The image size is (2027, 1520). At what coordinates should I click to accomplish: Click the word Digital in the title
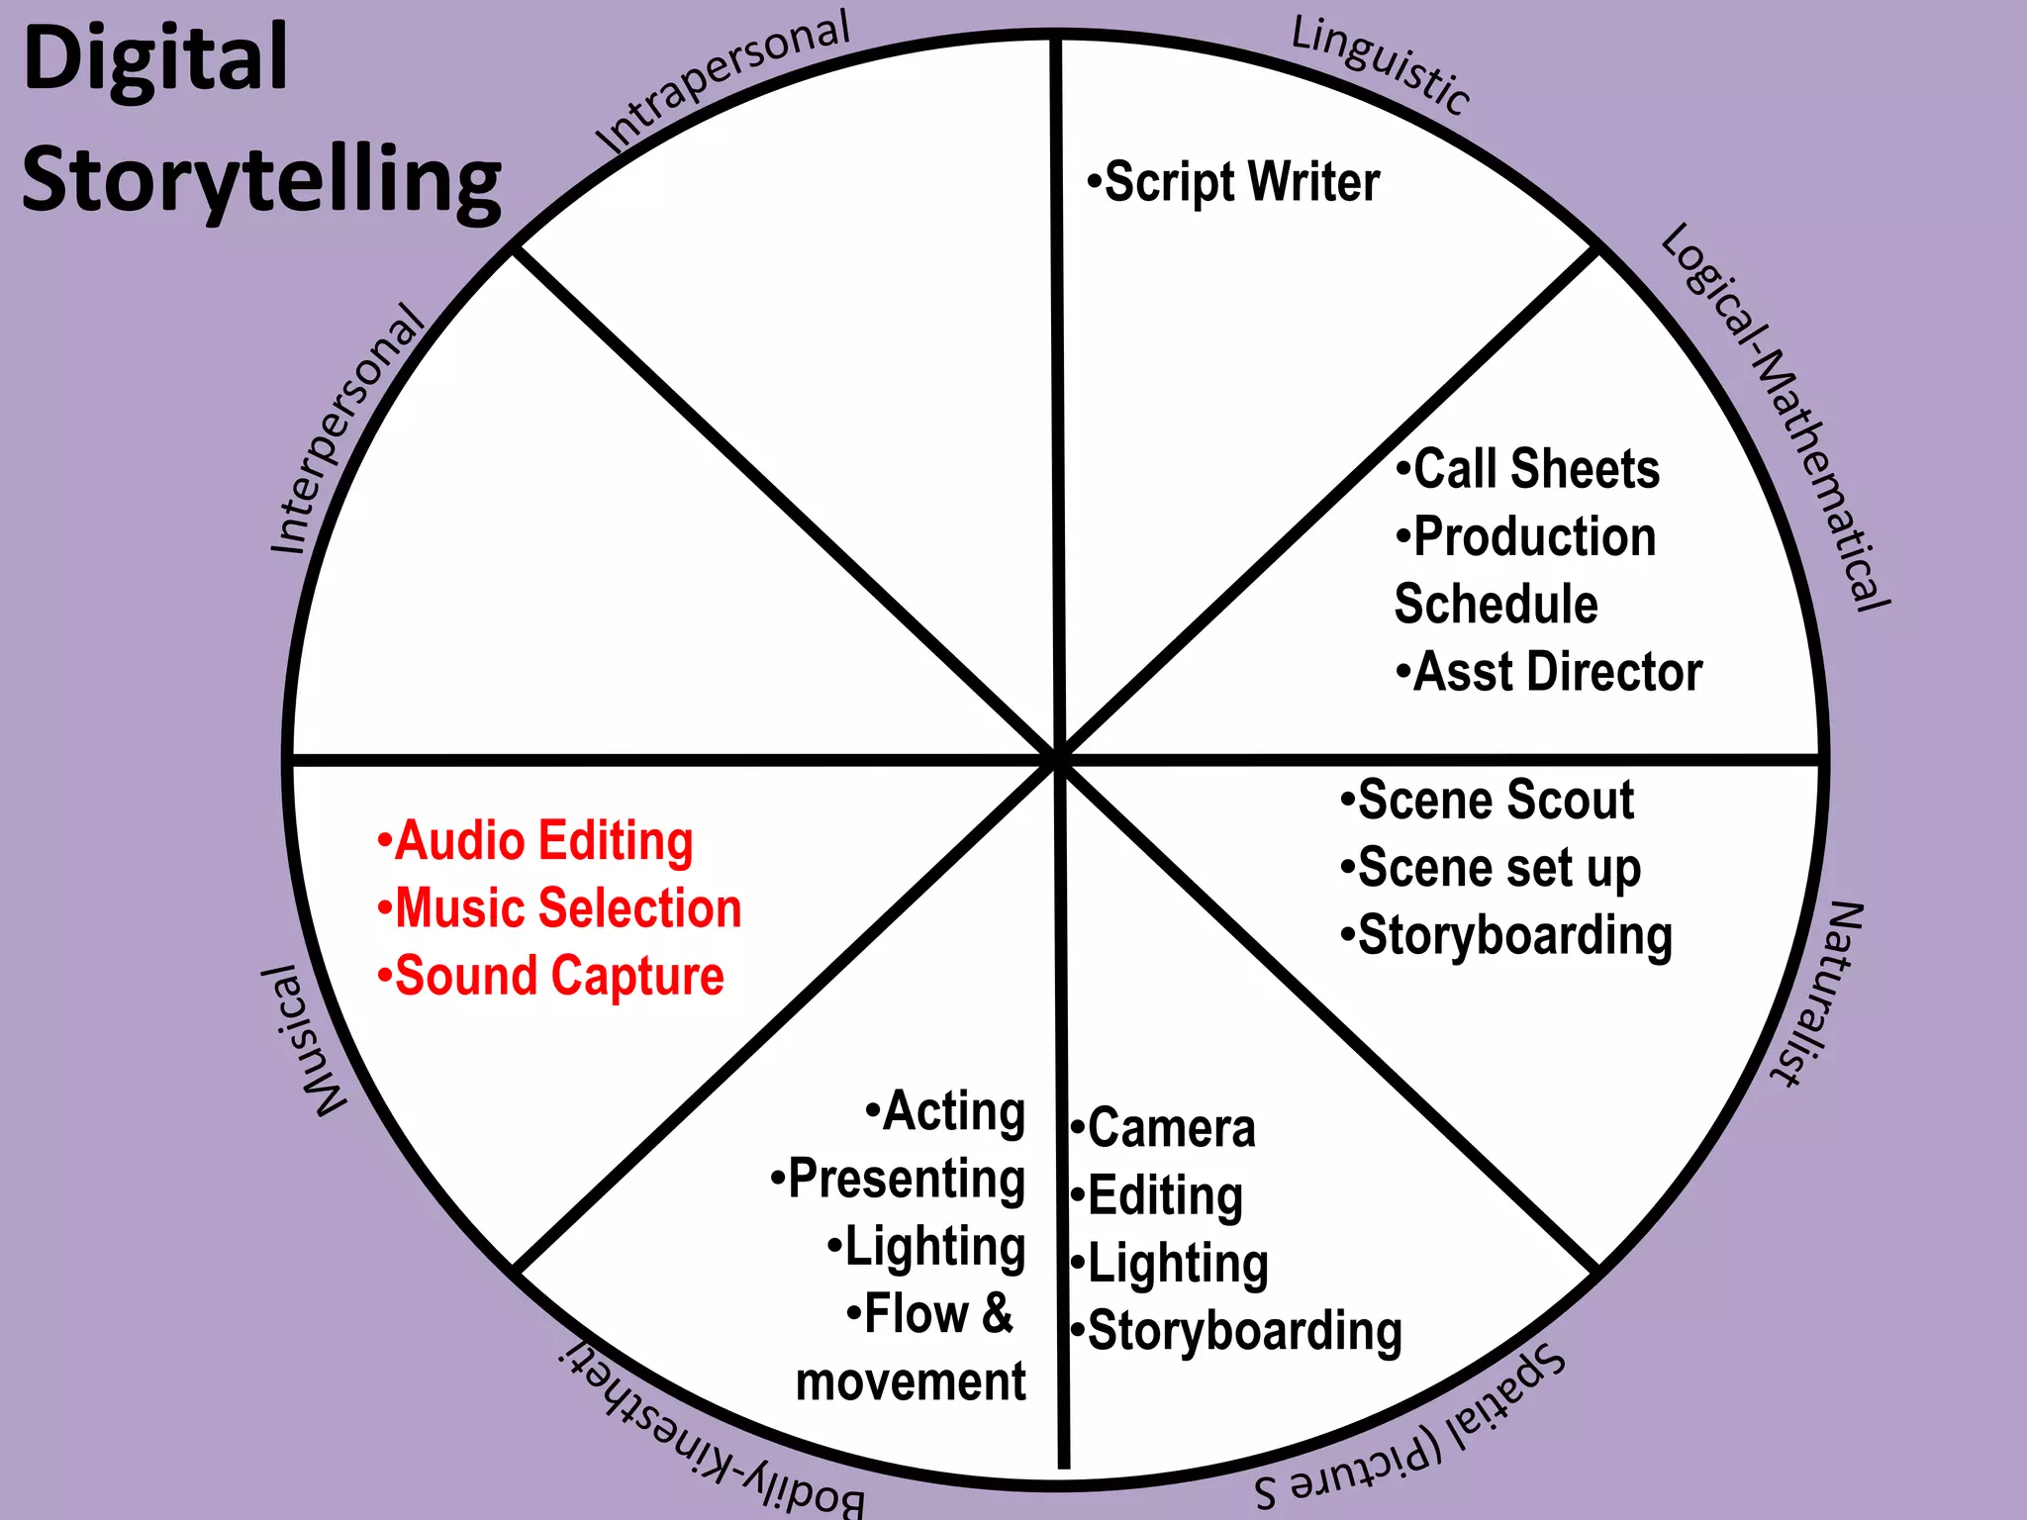click(154, 59)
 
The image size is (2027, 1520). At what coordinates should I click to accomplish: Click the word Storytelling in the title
click(261, 180)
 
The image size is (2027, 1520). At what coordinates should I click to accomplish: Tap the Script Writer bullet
click(1233, 182)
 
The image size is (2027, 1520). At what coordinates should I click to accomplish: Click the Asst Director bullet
click(1550, 672)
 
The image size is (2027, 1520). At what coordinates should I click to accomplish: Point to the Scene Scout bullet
click(1488, 800)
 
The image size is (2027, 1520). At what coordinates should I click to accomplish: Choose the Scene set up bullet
click(1492, 868)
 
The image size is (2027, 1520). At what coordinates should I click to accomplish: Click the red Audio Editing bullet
click(535, 841)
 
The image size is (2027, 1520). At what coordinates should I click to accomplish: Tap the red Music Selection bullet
click(560, 908)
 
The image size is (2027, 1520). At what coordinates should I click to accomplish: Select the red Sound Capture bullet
click(551, 976)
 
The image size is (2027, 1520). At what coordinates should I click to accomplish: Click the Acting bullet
click(946, 1111)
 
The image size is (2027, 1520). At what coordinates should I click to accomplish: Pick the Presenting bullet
click(899, 1179)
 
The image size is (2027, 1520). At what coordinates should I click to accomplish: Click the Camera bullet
click(1164, 1128)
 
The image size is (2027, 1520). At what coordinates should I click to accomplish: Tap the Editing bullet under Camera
click(1158, 1195)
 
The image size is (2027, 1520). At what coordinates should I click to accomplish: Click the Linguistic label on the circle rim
click(1380, 65)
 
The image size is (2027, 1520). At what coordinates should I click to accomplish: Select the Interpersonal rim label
click(346, 430)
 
